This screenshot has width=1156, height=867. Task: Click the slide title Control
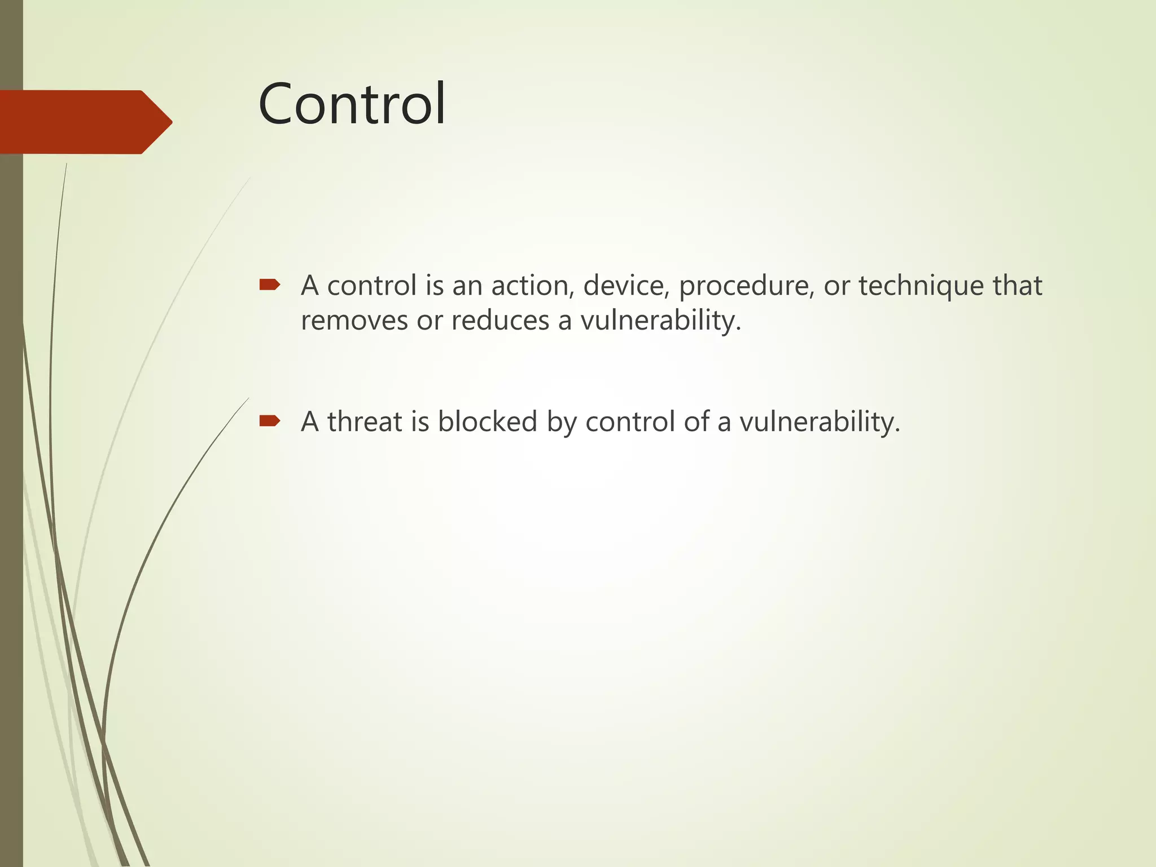tap(352, 104)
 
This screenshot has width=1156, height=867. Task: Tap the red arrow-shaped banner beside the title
tap(85, 122)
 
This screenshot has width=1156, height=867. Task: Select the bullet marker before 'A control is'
tap(269, 285)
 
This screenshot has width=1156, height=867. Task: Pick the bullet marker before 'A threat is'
tap(269, 421)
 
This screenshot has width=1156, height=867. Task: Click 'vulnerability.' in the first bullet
tap(660, 321)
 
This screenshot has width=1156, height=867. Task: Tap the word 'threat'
tap(364, 422)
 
